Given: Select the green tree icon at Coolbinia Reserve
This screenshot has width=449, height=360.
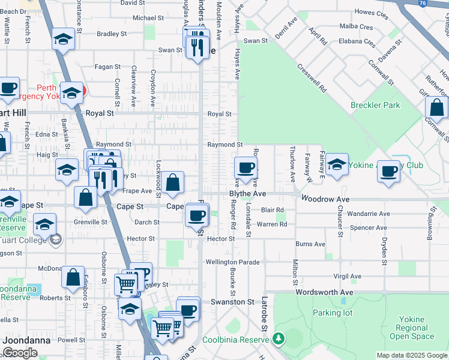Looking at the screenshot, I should point(279,338).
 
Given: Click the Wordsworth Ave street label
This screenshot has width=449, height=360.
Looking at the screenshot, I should point(324,292).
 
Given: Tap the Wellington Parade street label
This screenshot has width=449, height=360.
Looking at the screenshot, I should point(232,262).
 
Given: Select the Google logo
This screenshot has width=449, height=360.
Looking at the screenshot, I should point(20,353).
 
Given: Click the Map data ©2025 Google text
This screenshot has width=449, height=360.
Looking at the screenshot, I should point(412,355).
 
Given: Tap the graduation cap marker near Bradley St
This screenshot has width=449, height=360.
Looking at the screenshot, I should point(62,40).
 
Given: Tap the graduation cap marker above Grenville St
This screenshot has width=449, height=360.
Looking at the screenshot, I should point(44,225).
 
